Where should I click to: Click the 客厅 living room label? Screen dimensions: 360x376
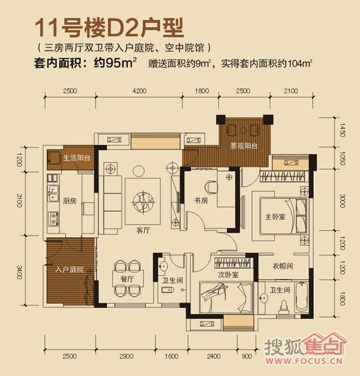tap(143, 231)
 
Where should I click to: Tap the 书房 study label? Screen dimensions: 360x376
tap(201, 200)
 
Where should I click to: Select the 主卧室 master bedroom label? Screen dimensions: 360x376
tap(275, 217)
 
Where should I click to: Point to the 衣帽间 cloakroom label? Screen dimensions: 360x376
tap(283, 266)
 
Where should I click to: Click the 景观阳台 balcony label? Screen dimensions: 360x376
tap(244, 146)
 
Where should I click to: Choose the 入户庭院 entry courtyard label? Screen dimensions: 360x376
tap(70, 269)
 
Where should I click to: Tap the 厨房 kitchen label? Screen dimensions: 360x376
tap(70, 201)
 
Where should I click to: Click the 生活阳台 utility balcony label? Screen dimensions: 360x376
tap(77, 158)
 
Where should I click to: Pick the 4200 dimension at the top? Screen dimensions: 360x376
tap(139, 91)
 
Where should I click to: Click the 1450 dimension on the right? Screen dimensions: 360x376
tap(343, 130)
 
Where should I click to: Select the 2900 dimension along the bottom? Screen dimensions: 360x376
tap(126, 356)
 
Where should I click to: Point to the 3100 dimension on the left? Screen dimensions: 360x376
tap(20, 201)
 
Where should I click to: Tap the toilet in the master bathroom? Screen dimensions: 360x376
tap(284, 308)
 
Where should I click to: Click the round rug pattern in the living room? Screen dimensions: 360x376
tap(143, 201)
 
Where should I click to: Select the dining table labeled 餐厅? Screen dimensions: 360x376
tap(128, 278)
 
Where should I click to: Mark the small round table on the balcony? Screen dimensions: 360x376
tap(243, 130)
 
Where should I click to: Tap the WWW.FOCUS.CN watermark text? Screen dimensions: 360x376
tap(304, 360)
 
